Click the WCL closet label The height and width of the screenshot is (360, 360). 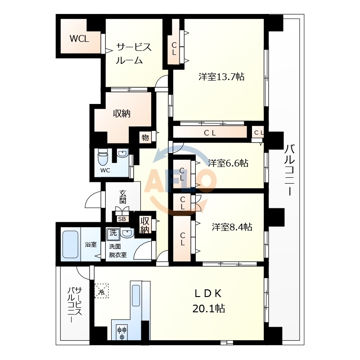(x=79, y=39)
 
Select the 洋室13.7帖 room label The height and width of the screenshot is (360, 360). (x=222, y=77)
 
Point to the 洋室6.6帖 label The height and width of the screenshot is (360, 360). (x=228, y=163)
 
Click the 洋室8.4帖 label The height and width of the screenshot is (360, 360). (x=232, y=227)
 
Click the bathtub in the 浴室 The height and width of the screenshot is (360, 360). (x=70, y=245)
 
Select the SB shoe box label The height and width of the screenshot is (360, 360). (x=122, y=219)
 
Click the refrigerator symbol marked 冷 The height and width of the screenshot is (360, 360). (x=102, y=290)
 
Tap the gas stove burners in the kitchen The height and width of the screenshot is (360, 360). (x=122, y=333)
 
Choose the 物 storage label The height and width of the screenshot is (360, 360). (x=145, y=137)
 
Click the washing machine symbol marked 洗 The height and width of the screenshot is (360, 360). (x=112, y=234)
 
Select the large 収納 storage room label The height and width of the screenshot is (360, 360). (x=121, y=114)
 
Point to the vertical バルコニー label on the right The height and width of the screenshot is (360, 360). (x=289, y=170)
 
